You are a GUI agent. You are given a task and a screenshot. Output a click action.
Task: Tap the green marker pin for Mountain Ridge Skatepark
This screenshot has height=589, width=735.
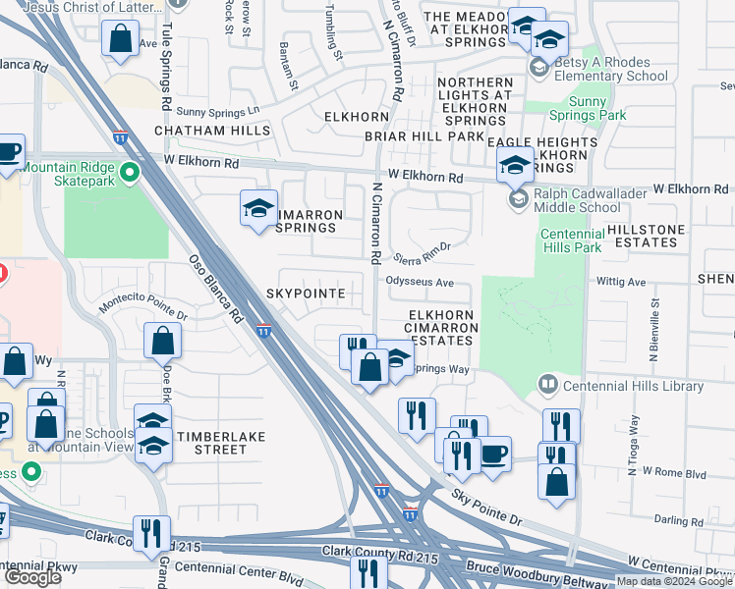point(129,174)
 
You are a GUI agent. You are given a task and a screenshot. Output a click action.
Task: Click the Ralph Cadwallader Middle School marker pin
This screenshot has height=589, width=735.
point(517,199)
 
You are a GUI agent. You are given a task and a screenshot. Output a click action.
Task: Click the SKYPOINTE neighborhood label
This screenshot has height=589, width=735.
point(304,294)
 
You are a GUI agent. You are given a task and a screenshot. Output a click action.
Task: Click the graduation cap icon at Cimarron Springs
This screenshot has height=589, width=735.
point(258,208)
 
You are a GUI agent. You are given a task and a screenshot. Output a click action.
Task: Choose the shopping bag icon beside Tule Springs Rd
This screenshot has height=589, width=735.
point(121,40)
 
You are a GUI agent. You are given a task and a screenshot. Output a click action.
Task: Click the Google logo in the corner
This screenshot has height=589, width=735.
point(32,577)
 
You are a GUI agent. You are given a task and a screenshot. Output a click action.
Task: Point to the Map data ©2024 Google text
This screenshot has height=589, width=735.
point(674,581)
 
